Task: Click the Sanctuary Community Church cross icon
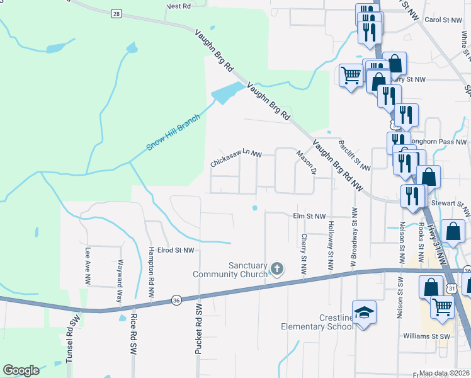tap(276, 270)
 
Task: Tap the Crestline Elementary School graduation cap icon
tap(364, 312)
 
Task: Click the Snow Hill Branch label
tap(173, 132)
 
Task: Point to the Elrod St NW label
tap(175, 250)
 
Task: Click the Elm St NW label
tap(309, 215)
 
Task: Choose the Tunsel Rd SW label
tap(73, 340)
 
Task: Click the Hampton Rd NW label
tap(151, 271)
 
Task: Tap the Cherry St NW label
tap(304, 253)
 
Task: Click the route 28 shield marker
tap(115, 13)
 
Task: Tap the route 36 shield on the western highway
tap(176, 301)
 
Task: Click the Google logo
tap(21, 370)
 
